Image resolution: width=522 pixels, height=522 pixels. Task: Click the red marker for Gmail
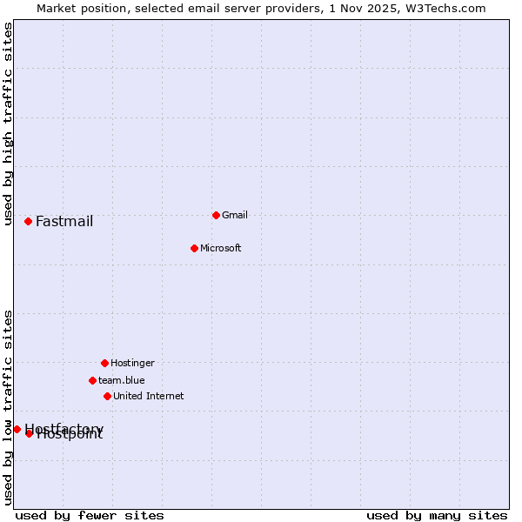coord(216,215)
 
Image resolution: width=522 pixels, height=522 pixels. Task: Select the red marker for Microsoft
coord(194,248)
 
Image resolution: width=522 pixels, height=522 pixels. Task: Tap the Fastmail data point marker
coord(28,221)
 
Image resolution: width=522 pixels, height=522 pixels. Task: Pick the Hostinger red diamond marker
coord(104,363)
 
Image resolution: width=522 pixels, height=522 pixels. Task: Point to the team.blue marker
coord(92,380)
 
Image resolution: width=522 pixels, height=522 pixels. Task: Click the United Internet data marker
coord(107,396)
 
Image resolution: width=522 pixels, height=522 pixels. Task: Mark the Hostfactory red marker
coord(17,429)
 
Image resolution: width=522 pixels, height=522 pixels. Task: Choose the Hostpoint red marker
coord(29,433)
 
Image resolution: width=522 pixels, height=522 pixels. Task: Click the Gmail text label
coord(235,215)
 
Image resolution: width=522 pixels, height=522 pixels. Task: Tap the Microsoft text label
coord(221,248)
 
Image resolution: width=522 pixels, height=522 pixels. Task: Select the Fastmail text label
coord(64,221)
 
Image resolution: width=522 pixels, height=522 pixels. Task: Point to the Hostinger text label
coord(132,363)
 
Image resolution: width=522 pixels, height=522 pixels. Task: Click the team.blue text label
coord(122,380)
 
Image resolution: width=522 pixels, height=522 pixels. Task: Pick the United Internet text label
coord(149,396)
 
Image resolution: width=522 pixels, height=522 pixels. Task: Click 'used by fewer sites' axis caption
coord(90,515)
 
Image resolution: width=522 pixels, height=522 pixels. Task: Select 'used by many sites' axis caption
coord(437,515)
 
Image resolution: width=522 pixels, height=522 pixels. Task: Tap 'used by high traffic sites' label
coord(8,124)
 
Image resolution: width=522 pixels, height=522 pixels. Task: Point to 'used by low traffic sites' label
coord(8,407)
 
